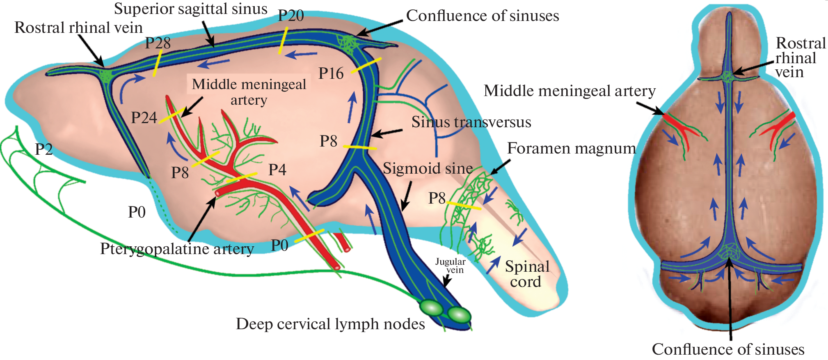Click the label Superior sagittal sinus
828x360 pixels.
point(190,9)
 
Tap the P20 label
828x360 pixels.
point(291,16)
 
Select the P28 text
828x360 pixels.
point(158,43)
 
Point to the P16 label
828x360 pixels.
point(331,74)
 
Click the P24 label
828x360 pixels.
point(144,118)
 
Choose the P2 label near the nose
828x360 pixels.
point(44,149)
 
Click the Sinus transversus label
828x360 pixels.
point(471,122)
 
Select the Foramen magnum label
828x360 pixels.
point(571,149)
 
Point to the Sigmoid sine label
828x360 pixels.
point(428,169)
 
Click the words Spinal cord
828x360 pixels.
point(527,274)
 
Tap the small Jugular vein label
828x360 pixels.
point(451,266)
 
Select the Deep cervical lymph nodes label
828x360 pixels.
point(330,324)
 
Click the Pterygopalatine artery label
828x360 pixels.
point(177,249)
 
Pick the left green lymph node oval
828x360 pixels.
point(431,307)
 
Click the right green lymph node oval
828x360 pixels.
point(459,315)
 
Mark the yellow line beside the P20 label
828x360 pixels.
point(283,41)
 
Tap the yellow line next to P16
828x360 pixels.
point(366,66)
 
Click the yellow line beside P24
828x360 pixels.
point(172,116)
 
